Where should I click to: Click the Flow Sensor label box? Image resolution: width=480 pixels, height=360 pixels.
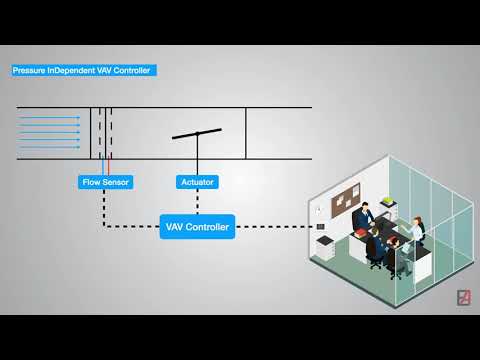tap(105, 182)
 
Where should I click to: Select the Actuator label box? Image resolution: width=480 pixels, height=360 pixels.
tap(197, 182)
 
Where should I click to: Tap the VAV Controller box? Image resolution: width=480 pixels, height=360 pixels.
tap(197, 228)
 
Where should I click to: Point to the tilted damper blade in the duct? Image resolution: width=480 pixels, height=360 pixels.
tap(197, 132)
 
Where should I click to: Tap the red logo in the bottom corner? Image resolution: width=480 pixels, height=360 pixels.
tap(463, 297)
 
